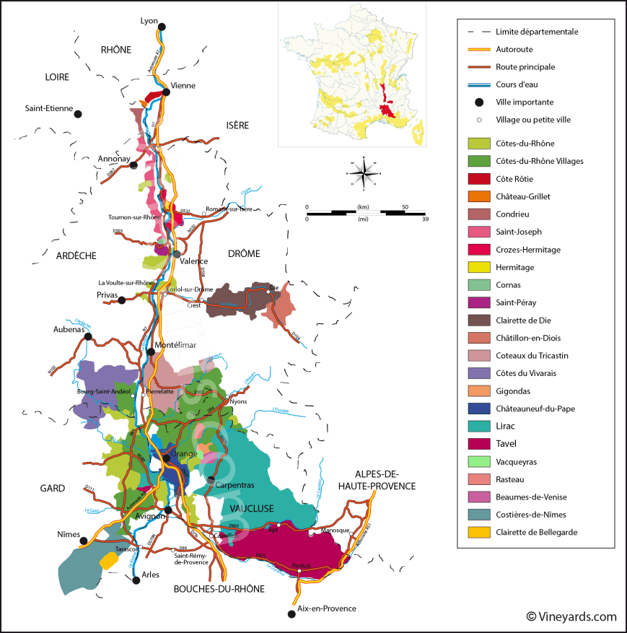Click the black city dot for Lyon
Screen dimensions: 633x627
162,27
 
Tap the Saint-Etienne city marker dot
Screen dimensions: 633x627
78,113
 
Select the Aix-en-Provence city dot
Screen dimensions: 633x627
291,614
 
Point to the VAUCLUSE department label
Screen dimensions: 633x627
253,509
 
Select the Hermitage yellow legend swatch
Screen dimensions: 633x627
478,268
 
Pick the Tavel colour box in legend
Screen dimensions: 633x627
478,444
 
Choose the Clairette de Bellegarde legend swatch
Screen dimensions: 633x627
478,533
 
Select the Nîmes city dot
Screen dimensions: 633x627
84,540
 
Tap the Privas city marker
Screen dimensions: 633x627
122,300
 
